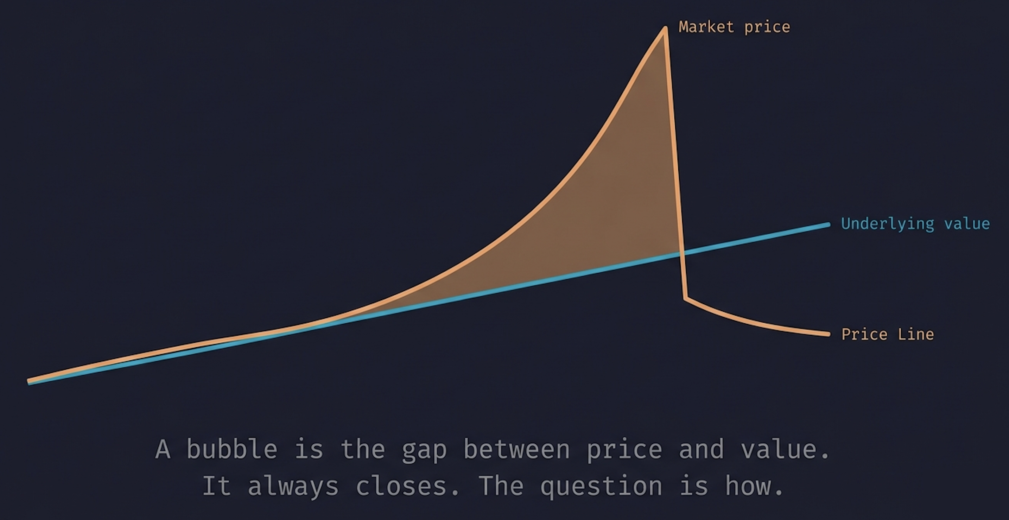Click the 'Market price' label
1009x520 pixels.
(x=735, y=27)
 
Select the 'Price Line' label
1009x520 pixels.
(x=888, y=334)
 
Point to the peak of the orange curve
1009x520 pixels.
(x=665, y=28)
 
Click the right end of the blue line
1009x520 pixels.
(x=829, y=225)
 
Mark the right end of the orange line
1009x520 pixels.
(x=828, y=334)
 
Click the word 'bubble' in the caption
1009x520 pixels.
(x=231, y=449)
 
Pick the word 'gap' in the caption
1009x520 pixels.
(x=424, y=451)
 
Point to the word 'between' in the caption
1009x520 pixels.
(x=517, y=449)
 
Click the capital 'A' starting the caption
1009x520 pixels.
(x=163, y=449)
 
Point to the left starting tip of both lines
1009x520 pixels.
(x=28, y=381)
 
